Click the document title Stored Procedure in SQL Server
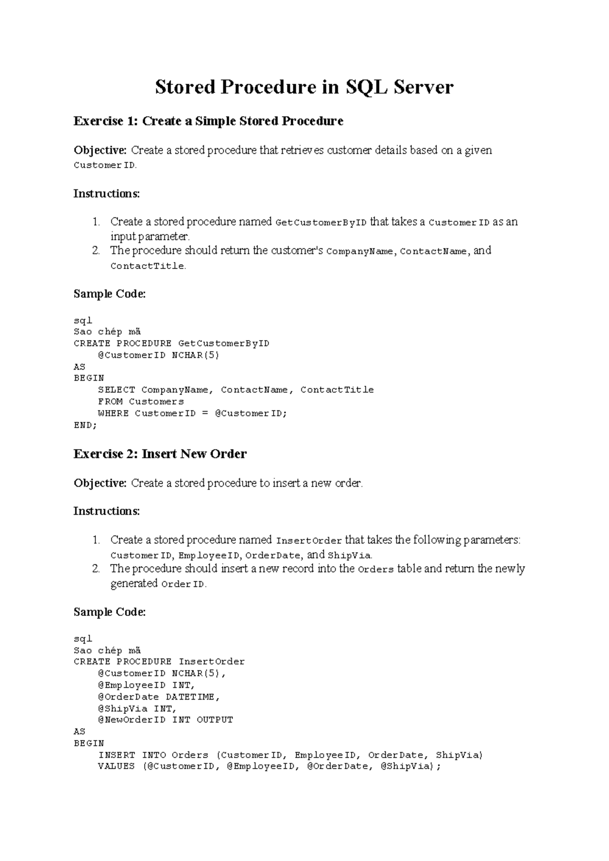(304, 87)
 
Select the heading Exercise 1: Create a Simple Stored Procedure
(208, 121)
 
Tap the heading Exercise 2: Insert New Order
(160, 454)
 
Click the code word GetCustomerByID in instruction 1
(320, 223)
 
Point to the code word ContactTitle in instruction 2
(147, 266)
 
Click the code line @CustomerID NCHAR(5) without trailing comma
(158, 355)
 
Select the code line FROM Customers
(141, 402)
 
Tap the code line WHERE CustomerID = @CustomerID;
(192, 413)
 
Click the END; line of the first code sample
(85, 425)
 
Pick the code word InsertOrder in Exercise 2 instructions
(309, 541)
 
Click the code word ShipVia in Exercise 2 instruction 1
(350, 555)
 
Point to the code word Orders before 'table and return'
(376, 570)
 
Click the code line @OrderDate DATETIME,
(159, 697)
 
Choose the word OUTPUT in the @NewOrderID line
(215, 720)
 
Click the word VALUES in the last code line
(116, 767)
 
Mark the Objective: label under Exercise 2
(100, 483)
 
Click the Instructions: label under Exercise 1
(107, 194)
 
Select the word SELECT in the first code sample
(116, 390)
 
